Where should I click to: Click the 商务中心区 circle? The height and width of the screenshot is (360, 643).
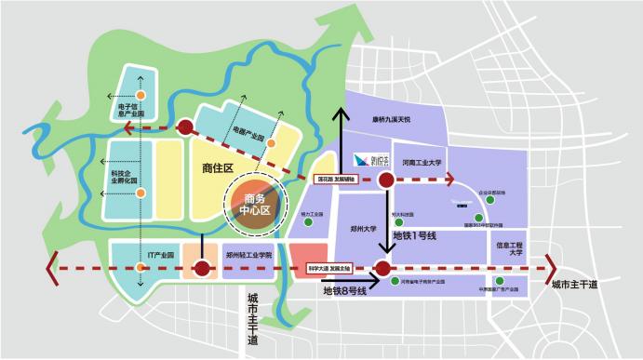point(255,204)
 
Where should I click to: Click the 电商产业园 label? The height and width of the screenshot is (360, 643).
point(248,136)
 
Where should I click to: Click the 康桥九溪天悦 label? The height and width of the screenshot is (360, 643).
point(392,119)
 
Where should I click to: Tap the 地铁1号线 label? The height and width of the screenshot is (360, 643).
point(415,237)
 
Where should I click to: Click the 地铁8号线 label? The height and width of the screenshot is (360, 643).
point(345,291)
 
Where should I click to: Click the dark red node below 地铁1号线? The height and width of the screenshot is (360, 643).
point(382,270)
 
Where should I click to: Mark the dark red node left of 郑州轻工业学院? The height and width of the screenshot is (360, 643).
point(201,270)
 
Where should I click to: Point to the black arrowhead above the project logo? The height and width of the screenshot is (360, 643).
point(342,113)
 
